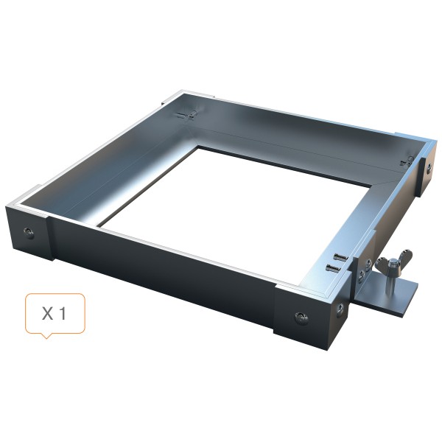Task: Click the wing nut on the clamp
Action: [x=394, y=259]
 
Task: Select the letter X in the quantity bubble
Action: [x=47, y=314]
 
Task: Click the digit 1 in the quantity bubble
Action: [x=63, y=314]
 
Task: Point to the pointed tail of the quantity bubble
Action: [x=46, y=335]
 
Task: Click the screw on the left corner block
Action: [x=29, y=232]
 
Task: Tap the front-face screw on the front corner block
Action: [x=301, y=317]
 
